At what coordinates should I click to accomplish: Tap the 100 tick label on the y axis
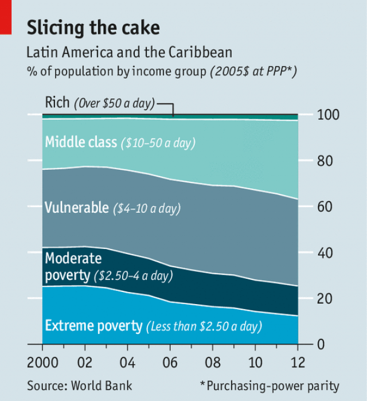(329, 115)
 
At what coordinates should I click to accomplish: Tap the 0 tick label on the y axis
(321, 344)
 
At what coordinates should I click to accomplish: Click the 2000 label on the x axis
(43, 363)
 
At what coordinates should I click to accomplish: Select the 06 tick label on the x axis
(170, 363)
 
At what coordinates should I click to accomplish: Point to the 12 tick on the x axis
(297, 363)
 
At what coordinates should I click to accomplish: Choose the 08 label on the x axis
(212, 363)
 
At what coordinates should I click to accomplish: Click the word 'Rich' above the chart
(57, 103)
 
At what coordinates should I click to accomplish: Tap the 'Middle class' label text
(81, 142)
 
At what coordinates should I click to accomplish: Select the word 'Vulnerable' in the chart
(76, 207)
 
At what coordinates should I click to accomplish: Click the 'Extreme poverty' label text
(93, 326)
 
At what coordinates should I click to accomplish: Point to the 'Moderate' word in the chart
(73, 258)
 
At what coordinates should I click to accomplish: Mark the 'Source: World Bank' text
(80, 386)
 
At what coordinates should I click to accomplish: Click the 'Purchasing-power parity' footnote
(270, 386)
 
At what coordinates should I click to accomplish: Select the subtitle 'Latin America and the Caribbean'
(129, 53)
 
